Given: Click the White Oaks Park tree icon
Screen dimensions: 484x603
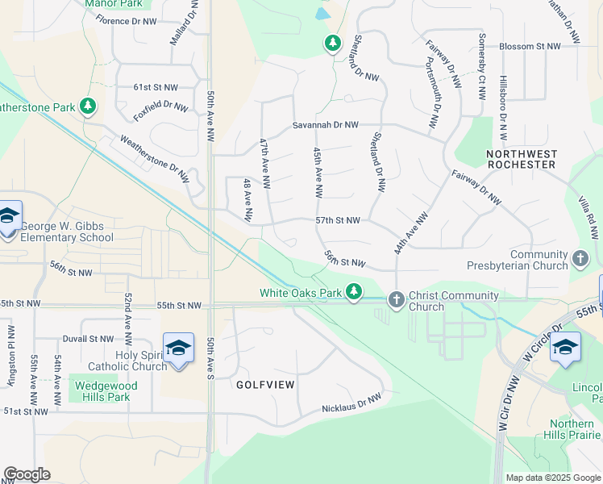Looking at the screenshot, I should tap(354, 292).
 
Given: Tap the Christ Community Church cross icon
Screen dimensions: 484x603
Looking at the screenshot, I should tap(396, 299).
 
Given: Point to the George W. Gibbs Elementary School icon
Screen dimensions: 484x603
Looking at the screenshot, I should tap(9, 216).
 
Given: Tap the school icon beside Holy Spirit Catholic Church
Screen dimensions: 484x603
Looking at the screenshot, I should tap(178, 348).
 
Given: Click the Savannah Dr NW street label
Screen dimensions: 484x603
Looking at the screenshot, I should tap(325, 125).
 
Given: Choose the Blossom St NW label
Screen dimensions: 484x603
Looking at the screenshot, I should tap(529, 47).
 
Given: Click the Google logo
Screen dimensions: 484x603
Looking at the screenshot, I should tap(27, 474).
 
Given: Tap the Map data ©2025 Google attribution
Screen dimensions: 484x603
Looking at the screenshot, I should tap(552, 478).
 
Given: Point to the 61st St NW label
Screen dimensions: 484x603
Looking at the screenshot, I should tap(156, 86).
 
